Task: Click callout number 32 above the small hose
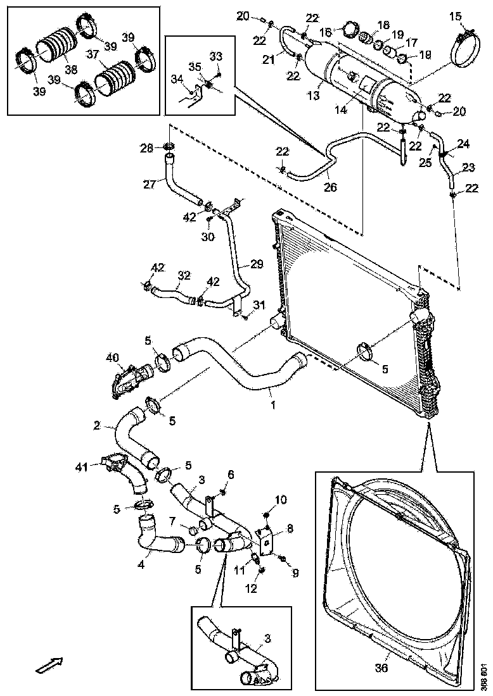(183, 276)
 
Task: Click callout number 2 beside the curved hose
(97, 425)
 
